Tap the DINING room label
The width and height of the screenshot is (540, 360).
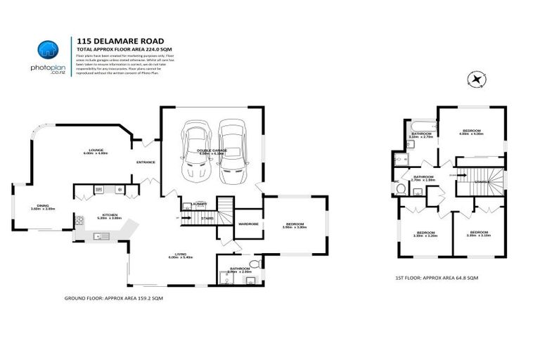tap(43, 207)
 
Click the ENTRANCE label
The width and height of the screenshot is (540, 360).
tap(146, 162)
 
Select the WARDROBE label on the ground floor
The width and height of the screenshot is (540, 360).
tap(249, 224)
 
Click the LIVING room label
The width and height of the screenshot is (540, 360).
tap(179, 255)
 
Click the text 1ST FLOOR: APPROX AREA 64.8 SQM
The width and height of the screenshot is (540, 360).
tap(436, 278)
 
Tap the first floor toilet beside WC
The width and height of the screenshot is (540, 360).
tap(400, 188)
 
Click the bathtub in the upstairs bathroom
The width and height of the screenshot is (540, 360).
tap(421, 126)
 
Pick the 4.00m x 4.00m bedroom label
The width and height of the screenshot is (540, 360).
tap(472, 132)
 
